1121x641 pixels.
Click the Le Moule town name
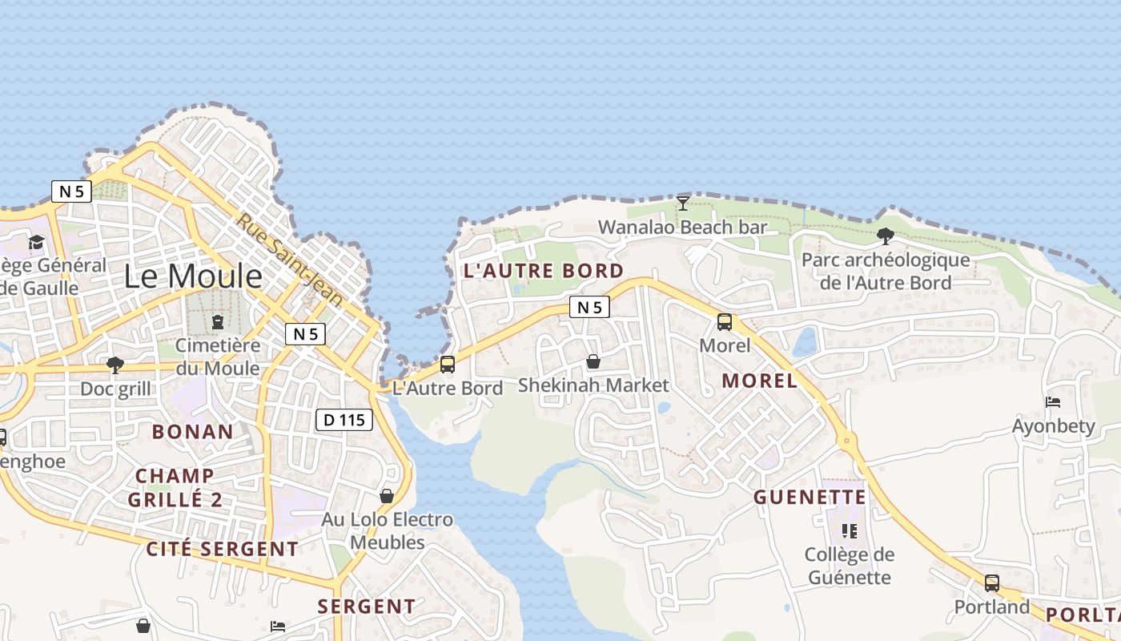(193, 276)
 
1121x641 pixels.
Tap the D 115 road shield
(344, 419)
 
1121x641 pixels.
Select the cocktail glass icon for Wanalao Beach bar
(682, 204)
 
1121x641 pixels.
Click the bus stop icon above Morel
(725, 322)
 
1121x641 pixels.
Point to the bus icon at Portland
(992, 583)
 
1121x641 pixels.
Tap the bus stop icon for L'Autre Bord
(448, 365)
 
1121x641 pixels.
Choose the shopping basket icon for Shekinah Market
(593, 361)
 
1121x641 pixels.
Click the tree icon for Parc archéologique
(885, 236)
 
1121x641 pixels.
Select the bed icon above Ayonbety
(1053, 402)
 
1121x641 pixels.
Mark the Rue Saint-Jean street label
(290, 259)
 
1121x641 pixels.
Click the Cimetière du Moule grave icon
(217, 322)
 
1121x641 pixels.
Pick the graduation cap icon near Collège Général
(36, 242)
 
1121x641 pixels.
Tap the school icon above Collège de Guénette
(850, 530)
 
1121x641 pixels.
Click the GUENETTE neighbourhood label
(810, 498)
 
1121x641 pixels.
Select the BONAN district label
(193, 432)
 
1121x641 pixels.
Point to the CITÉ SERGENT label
(222, 550)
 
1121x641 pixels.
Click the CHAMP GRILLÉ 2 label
(175, 488)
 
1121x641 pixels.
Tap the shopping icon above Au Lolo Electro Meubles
(387, 496)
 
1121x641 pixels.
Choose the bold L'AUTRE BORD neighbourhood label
(543, 271)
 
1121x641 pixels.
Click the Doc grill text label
(115, 389)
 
